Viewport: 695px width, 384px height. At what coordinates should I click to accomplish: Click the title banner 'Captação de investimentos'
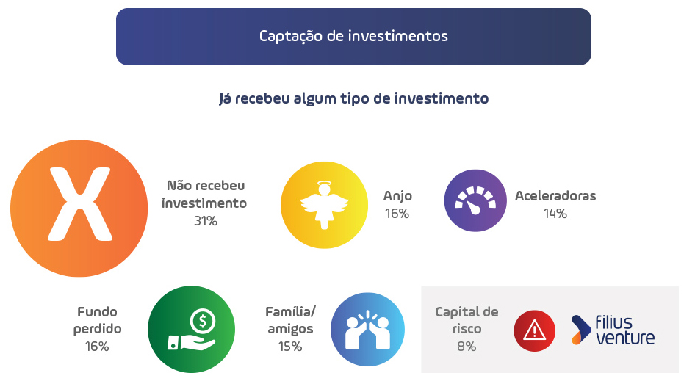click(x=353, y=36)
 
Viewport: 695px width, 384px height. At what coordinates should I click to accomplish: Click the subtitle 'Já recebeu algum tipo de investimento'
click(x=353, y=98)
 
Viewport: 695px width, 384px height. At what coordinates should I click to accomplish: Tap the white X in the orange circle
click(x=80, y=204)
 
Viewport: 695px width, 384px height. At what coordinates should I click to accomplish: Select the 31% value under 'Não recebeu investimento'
click(x=206, y=221)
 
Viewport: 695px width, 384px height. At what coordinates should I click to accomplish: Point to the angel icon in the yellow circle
click(x=324, y=205)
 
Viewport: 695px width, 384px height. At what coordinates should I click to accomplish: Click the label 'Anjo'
click(x=397, y=196)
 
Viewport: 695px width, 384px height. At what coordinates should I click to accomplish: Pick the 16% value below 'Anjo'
click(x=397, y=214)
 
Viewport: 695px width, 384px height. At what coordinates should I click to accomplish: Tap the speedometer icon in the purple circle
click(x=475, y=200)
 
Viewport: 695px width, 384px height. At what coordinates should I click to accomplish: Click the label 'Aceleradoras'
click(x=555, y=196)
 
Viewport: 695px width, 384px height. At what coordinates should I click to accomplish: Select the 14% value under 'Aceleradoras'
click(x=555, y=214)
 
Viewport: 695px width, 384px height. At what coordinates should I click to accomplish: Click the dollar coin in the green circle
click(x=203, y=321)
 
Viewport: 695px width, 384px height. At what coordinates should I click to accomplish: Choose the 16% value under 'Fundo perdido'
click(x=97, y=347)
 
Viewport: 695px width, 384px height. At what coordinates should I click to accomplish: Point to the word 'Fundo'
click(x=97, y=312)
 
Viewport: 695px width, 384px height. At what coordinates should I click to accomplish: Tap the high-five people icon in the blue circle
click(x=367, y=330)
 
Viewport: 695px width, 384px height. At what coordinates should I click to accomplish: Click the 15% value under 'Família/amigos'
click(x=290, y=347)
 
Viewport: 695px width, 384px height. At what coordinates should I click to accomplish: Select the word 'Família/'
click(x=290, y=312)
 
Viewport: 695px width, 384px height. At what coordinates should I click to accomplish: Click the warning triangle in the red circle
click(x=535, y=330)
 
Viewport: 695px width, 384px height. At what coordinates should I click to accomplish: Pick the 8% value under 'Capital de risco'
click(x=467, y=347)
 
